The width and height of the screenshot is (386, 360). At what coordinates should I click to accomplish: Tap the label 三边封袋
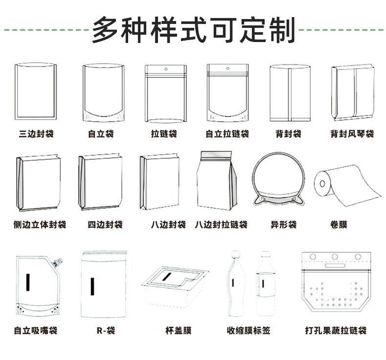[x=36, y=134]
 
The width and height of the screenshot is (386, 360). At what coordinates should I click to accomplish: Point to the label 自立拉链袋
[x=227, y=134]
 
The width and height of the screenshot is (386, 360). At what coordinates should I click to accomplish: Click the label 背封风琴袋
[x=352, y=134]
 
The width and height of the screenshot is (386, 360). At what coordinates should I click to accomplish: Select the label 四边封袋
[x=105, y=225]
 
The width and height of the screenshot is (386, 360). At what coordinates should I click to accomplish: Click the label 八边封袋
[x=168, y=225]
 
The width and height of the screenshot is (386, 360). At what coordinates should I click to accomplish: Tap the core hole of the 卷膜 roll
[x=322, y=185]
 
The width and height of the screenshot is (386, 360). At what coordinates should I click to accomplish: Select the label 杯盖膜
[x=178, y=331]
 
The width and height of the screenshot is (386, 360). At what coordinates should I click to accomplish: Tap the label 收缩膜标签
[x=248, y=331]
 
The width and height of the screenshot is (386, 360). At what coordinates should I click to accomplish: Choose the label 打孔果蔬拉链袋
[x=335, y=331]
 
